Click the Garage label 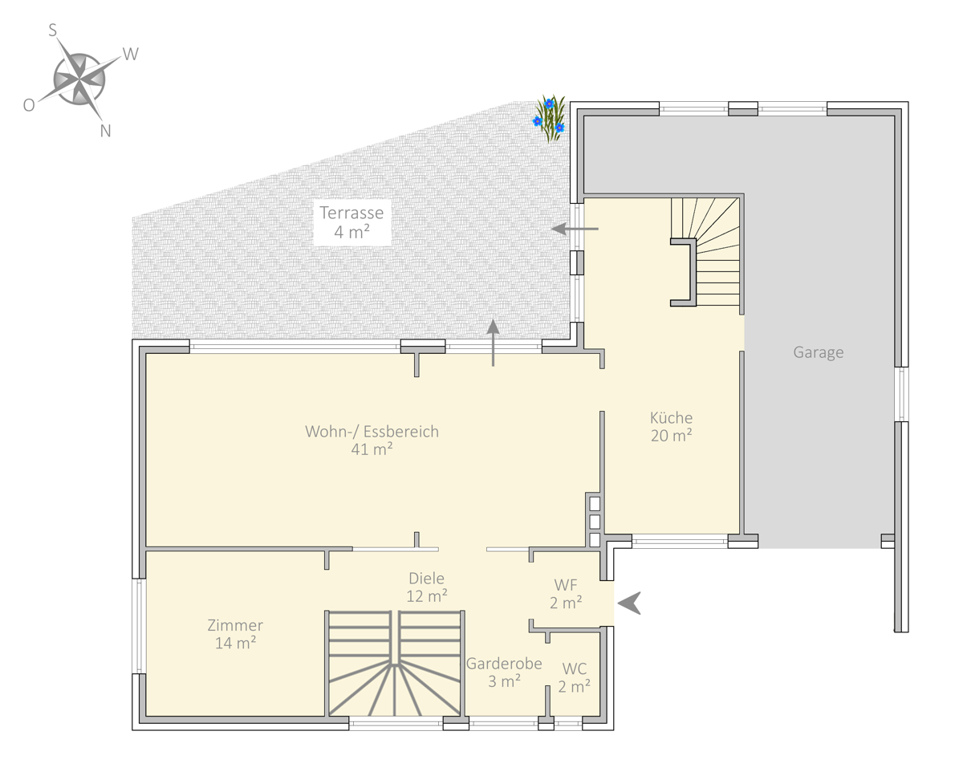pyautogui.click(x=819, y=352)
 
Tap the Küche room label pyautogui.click(x=671, y=426)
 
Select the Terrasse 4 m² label pyautogui.click(x=351, y=222)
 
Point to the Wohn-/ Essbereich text pyautogui.click(x=372, y=432)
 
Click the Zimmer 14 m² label pyautogui.click(x=235, y=634)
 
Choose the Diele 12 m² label pyautogui.click(x=426, y=587)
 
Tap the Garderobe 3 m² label pyautogui.click(x=504, y=672)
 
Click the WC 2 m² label pyautogui.click(x=574, y=678)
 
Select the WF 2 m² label pyautogui.click(x=566, y=594)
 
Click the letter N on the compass pyautogui.click(x=105, y=131)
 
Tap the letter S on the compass pyautogui.click(x=53, y=30)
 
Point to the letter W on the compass pyautogui.click(x=131, y=55)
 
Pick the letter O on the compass pyautogui.click(x=29, y=105)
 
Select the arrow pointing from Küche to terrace pyautogui.click(x=575, y=229)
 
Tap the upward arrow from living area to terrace pyautogui.click(x=493, y=343)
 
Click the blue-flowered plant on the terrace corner pyautogui.click(x=550, y=119)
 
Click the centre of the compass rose pyautogui.click(x=79, y=80)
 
